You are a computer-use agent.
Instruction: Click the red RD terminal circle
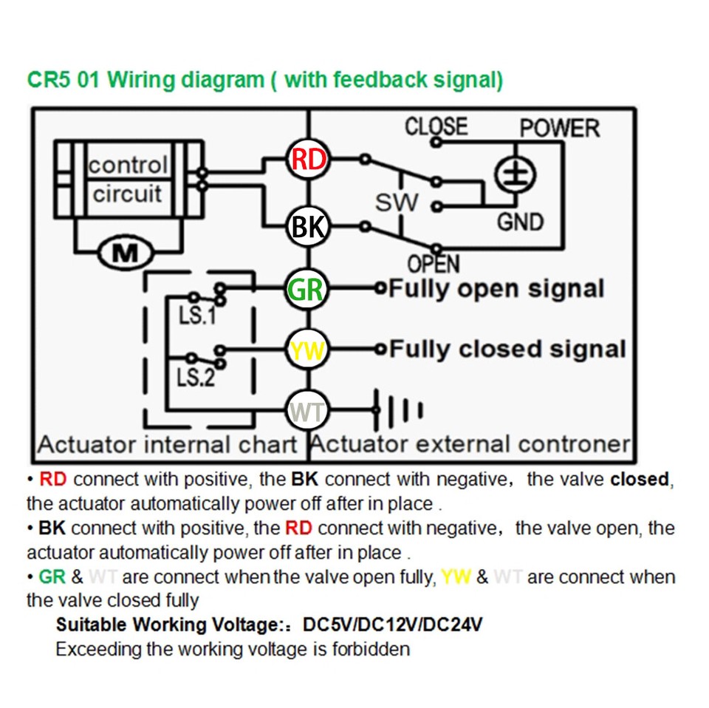click(x=308, y=160)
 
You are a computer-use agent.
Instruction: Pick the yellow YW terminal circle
click(x=308, y=350)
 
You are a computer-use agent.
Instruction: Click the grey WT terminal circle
click(x=308, y=409)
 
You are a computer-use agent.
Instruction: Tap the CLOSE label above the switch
click(x=436, y=126)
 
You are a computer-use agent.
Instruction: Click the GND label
click(x=519, y=221)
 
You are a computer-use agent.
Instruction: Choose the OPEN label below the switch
click(x=434, y=264)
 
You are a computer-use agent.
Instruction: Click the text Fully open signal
click(x=496, y=288)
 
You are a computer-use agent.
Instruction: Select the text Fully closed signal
click(x=507, y=349)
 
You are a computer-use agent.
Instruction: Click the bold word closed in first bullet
click(x=639, y=479)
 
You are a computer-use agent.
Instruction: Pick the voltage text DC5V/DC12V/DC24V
click(x=393, y=624)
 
